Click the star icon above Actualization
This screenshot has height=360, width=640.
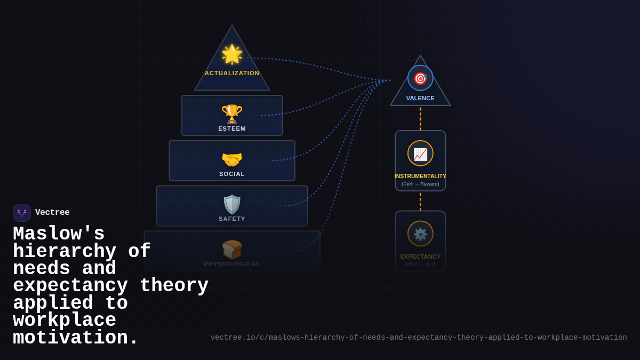coord(232,54)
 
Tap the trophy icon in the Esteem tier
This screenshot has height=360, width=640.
coord(232,114)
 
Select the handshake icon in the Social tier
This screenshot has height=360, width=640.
coord(232,159)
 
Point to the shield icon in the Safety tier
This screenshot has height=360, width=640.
coord(232,204)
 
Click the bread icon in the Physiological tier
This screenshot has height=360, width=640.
coord(232,250)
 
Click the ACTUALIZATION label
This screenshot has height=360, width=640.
coord(232,73)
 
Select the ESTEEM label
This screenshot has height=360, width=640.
coord(232,129)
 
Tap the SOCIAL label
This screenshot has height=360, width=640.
coord(232,174)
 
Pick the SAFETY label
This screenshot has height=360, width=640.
coord(232,219)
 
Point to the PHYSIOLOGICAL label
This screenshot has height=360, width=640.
coord(232,264)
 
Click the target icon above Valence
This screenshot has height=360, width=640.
coord(420,78)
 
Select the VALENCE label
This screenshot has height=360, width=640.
coord(420,98)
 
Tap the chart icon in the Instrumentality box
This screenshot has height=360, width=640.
coord(420,154)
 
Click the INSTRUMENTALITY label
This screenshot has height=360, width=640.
coord(420,176)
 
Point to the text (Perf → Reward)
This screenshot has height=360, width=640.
coord(420,184)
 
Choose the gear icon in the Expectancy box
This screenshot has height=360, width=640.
coord(420,234)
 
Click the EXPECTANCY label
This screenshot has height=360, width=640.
coord(420,257)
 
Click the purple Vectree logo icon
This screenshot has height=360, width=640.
coord(22,213)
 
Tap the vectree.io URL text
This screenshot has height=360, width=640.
coord(419,338)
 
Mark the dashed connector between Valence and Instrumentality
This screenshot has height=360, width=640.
coord(420,118)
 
